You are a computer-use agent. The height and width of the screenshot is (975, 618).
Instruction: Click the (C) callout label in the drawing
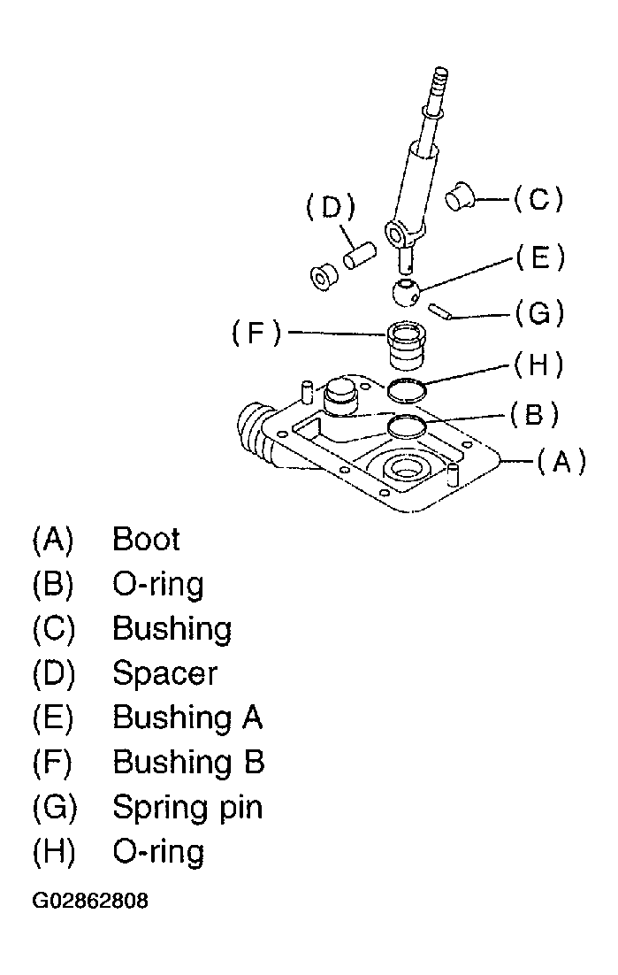tap(538, 200)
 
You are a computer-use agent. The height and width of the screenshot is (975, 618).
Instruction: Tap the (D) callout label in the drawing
tap(331, 208)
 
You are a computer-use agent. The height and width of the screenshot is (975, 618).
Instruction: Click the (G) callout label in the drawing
tap(539, 313)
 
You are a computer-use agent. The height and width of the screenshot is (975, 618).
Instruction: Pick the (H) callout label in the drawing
tap(538, 365)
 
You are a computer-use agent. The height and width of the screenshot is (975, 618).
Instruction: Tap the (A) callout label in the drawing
tap(561, 462)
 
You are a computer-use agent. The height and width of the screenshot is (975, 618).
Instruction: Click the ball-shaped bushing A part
tap(406, 293)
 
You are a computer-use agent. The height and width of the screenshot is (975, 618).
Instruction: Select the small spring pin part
tap(442, 311)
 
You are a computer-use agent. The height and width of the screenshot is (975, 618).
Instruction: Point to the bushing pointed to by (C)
tap(461, 196)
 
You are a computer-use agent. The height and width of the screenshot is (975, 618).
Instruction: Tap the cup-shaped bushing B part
tap(406, 346)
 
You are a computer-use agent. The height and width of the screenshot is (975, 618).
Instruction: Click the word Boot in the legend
tap(146, 539)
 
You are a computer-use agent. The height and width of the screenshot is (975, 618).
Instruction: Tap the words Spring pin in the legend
tap(187, 808)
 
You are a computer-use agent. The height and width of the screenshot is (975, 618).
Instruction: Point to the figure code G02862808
tap(91, 901)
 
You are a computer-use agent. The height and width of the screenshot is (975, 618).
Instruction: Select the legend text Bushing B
tap(188, 763)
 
